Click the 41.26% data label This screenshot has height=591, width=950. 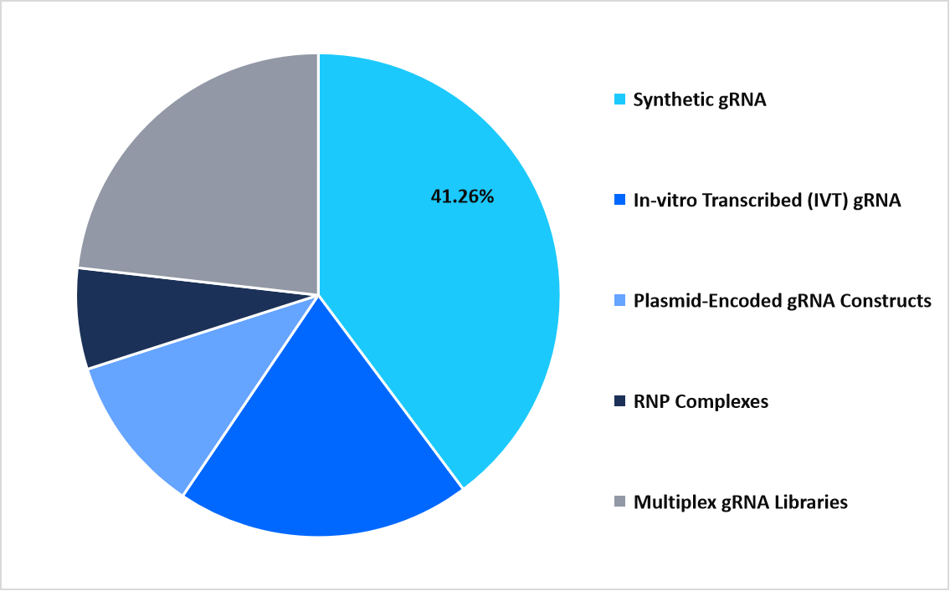(x=462, y=198)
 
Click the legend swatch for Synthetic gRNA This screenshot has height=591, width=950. (x=619, y=100)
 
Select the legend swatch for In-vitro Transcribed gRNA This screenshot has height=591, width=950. (x=619, y=201)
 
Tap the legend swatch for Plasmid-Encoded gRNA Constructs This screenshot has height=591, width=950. (x=619, y=301)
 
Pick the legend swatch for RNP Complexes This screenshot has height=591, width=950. (x=619, y=402)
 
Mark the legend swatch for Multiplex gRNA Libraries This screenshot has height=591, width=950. (x=619, y=502)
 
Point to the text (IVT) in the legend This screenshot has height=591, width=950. (x=834, y=201)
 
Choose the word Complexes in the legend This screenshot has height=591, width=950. (x=721, y=402)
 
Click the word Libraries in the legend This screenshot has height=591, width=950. (x=812, y=502)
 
